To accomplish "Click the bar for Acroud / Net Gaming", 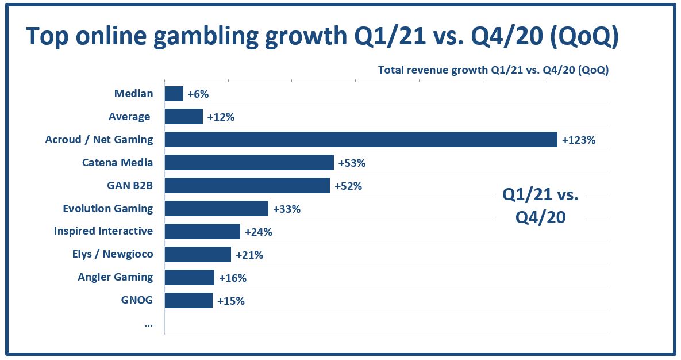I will [361, 139].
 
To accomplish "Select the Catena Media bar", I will [249, 162].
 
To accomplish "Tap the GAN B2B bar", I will [247, 185].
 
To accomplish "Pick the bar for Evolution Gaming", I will [216, 208].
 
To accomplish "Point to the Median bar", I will [174, 94].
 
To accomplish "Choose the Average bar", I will [183, 117].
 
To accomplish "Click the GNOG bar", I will [188, 300].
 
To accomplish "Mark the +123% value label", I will [578, 140].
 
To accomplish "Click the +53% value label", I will [352, 163].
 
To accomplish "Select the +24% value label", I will [258, 232].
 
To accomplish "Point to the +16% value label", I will [232, 278].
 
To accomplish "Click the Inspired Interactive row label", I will [103, 231].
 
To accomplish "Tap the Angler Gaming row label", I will [116, 277].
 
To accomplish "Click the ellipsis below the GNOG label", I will [149, 324].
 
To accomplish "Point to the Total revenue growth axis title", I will [493, 70].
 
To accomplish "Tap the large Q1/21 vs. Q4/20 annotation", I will [540, 206].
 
